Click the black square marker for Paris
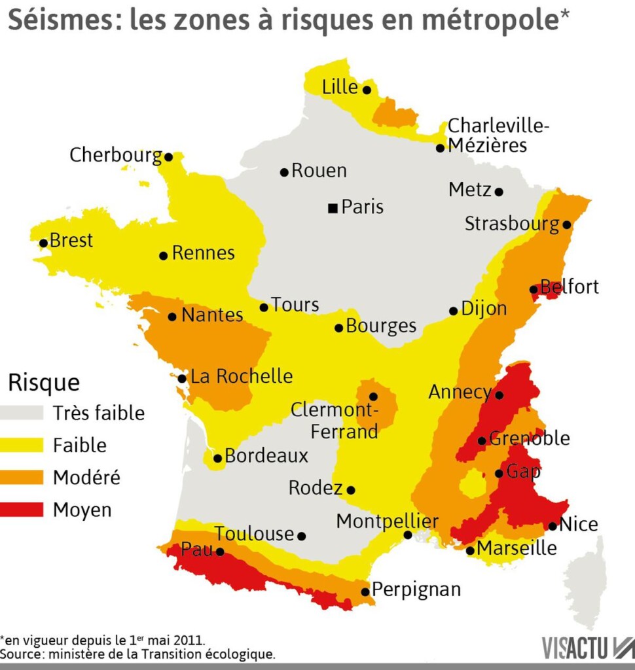[x=333, y=208]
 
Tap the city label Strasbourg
[x=512, y=224]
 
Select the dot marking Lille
[x=367, y=90]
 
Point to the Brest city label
[x=71, y=241]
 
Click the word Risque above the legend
[x=43, y=382]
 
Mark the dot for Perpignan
[x=365, y=591]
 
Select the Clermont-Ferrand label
[x=335, y=421]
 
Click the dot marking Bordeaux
[x=217, y=458]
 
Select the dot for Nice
[x=553, y=526]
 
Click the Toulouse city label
[x=254, y=534]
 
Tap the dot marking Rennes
[x=164, y=255]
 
